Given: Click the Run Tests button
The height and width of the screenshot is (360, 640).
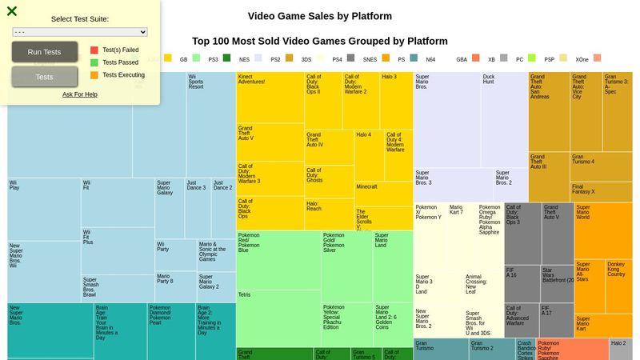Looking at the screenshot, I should coord(45,52).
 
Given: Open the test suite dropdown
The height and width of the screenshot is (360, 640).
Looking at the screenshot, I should coord(80,32).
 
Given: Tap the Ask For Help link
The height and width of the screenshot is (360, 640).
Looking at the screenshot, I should coord(80,94).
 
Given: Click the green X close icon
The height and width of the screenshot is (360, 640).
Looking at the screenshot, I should coord(12,11).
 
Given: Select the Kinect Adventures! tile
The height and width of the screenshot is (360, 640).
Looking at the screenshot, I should coord(270,97).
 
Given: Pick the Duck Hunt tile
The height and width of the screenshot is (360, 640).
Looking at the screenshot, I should coord(504,120).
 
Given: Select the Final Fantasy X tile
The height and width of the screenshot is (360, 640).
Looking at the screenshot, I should coord(600,192).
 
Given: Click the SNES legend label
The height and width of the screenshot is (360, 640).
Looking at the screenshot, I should coord(370,58).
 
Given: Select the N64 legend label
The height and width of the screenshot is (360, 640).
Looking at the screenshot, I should coord(430,58).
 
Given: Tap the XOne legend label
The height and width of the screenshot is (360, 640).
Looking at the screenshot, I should coord(582,58).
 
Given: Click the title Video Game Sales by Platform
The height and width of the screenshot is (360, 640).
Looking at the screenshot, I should coord(320,16).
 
